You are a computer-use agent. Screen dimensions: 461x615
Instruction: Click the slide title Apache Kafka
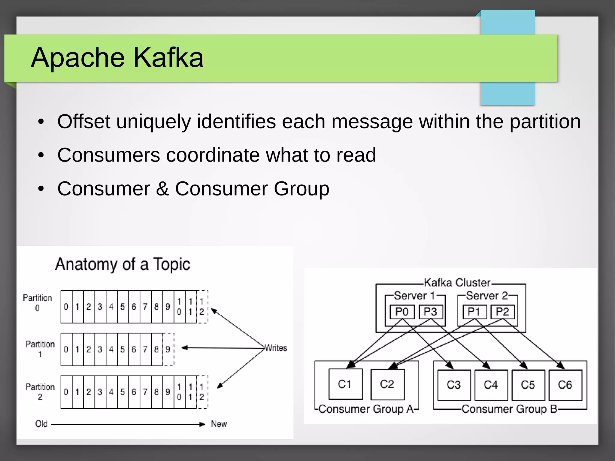[x=117, y=57]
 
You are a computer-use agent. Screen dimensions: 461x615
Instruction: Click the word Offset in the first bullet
[x=84, y=122]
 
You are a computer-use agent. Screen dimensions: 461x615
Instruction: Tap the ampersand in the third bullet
[x=162, y=189]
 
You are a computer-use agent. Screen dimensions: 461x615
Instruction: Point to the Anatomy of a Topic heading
[x=123, y=264]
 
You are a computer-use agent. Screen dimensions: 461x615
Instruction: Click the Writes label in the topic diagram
[x=276, y=348]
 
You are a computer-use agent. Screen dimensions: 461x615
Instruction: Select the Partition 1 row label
[x=40, y=349]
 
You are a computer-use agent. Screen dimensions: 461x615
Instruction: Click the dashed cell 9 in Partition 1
[x=168, y=349]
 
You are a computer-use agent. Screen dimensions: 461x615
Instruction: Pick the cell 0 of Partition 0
[x=66, y=307]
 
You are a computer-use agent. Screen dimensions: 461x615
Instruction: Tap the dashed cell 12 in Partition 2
[x=202, y=392]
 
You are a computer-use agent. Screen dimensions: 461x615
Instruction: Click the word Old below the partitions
[x=41, y=424]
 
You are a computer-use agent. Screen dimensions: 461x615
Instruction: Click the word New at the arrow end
[x=219, y=424]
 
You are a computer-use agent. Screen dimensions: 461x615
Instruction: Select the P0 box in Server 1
[x=402, y=312]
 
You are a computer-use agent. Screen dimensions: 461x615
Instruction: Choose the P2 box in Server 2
[x=502, y=312]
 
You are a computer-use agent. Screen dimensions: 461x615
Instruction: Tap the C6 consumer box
[x=565, y=385]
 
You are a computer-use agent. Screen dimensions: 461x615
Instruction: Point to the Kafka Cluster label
[x=457, y=283]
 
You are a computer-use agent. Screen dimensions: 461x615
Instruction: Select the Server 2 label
[x=487, y=296]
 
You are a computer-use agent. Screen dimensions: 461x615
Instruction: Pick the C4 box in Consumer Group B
[x=491, y=385]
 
